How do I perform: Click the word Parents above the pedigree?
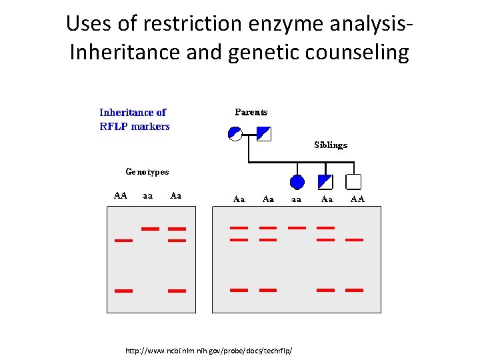pos(251,112)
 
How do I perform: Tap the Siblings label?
pos(331,145)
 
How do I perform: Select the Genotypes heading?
pos(147,172)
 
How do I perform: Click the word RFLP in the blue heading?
pos(114,127)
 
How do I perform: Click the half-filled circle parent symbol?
pos(235,134)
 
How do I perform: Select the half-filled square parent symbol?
pos(264,134)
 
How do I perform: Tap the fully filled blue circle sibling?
pos(297,182)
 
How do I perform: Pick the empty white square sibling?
pos(354,182)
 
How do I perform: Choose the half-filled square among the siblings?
pos(325,182)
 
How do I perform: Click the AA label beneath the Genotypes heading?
pos(120,196)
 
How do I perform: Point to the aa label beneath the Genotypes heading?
pos(148,196)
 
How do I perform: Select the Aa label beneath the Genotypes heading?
pos(176,196)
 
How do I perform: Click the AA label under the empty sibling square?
pos(357,199)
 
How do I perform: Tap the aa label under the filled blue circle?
pos(296,199)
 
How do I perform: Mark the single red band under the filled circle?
pos(296,227)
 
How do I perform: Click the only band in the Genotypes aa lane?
pos(150,228)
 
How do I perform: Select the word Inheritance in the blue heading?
pos(133,113)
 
